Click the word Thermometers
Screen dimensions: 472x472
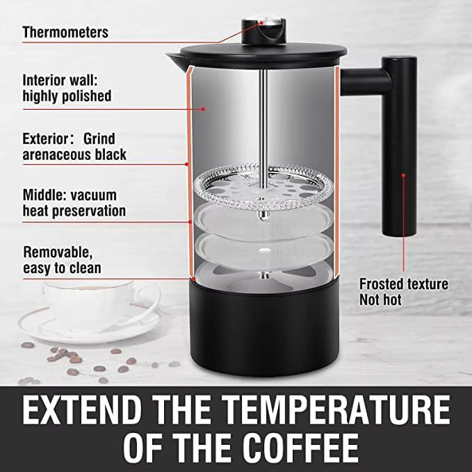pyautogui.click(x=65, y=32)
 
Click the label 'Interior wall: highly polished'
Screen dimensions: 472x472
pyautogui.click(x=67, y=88)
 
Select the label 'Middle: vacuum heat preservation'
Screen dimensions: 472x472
pyautogui.click(x=74, y=202)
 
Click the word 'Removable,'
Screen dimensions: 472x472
pyautogui.click(x=57, y=252)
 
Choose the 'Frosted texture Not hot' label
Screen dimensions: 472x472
pyautogui.click(x=403, y=291)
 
